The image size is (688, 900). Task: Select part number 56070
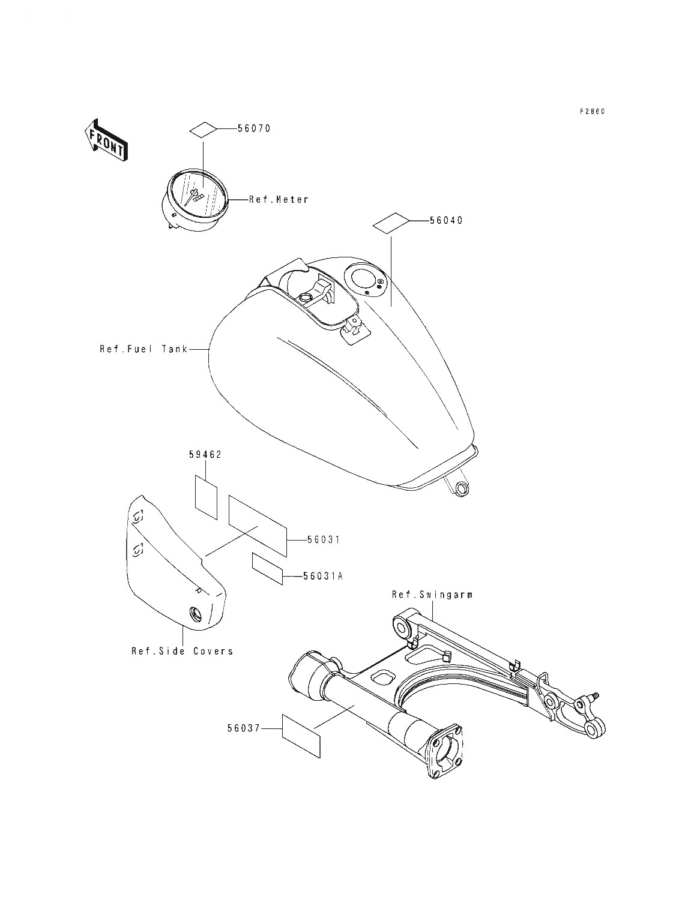pos(254,128)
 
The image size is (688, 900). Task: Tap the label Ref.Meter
pos(279,200)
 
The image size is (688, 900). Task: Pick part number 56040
pos(446,221)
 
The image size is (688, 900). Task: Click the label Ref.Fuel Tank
pos(143,349)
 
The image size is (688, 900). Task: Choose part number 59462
pos(205,454)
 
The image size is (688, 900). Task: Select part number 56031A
pos(323,576)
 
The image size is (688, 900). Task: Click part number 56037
pos(244,728)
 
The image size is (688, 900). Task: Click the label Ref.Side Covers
pos(182,651)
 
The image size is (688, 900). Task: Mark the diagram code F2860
pos(593,112)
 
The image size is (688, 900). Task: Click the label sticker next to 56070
pos(203,129)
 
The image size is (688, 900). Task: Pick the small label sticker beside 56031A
pos(268,568)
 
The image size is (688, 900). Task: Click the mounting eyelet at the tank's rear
pos(462,490)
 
